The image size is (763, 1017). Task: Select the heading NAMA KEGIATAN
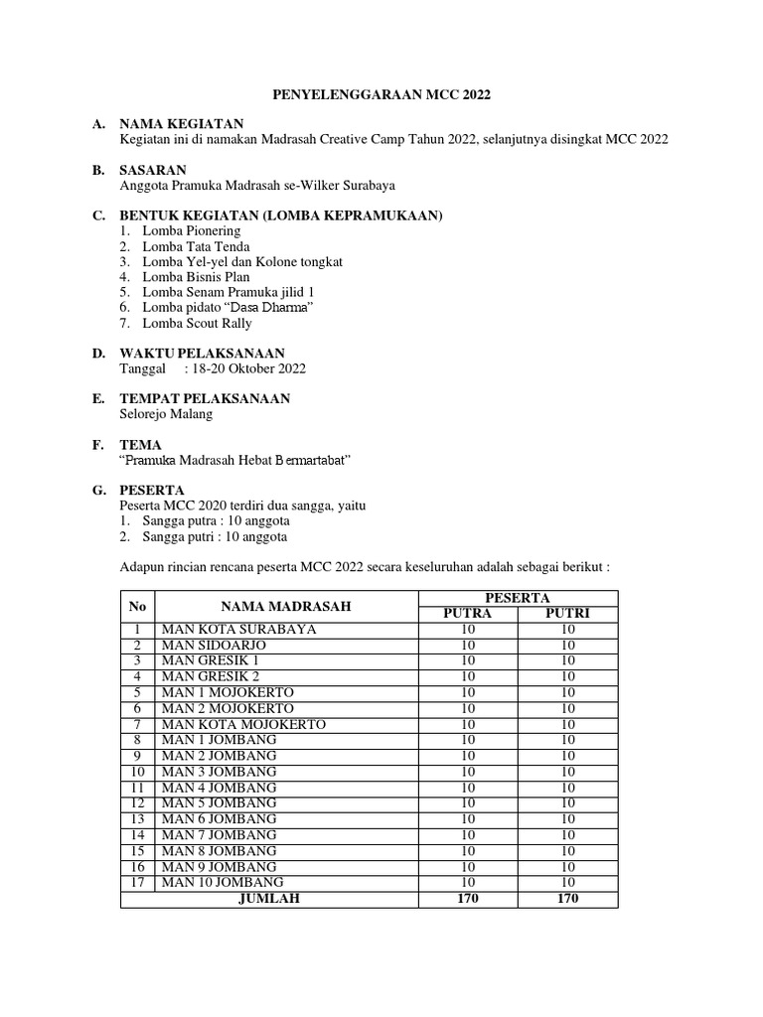(x=181, y=124)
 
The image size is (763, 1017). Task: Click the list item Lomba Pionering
(x=191, y=230)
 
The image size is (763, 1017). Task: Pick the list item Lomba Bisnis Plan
(x=197, y=277)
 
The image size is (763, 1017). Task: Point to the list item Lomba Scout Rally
(x=197, y=323)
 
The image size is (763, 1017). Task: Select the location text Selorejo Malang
(x=166, y=414)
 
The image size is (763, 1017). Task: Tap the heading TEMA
(x=140, y=445)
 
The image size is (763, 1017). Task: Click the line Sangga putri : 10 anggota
(x=215, y=536)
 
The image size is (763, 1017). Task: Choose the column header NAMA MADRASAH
(x=286, y=606)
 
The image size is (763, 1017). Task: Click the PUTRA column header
(x=467, y=614)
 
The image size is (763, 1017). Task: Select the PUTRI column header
(x=567, y=614)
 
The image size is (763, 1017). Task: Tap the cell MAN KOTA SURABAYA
(x=238, y=630)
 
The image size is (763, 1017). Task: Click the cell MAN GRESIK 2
(x=211, y=676)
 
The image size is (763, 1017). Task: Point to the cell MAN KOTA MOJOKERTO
(x=243, y=724)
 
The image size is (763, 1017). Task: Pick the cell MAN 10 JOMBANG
(x=222, y=882)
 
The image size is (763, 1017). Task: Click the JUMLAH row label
(x=268, y=898)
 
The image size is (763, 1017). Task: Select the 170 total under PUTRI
(x=567, y=898)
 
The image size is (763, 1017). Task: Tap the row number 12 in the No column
(x=138, y=802)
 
